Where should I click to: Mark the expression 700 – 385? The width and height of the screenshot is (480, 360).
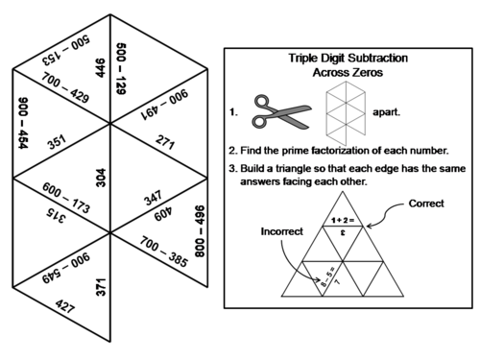pos(163,252)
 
